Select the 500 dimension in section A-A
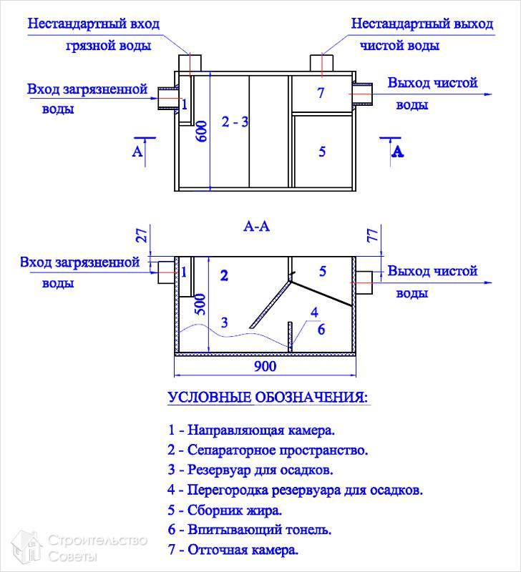click(202, 304)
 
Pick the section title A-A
click(256, 227)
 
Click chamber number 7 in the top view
click(321, 93)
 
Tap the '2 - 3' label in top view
click(235, 122)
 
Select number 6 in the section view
click(321, 329)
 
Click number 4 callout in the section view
click(313, 312)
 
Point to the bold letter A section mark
click(398, 152)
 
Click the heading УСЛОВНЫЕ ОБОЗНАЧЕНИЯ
click(268, 398)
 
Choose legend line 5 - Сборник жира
click(225, 511)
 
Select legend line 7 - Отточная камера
click(233, 551)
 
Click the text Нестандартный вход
click(94, 24)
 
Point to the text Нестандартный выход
click(422, 24)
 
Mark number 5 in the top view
click(322, 152)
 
